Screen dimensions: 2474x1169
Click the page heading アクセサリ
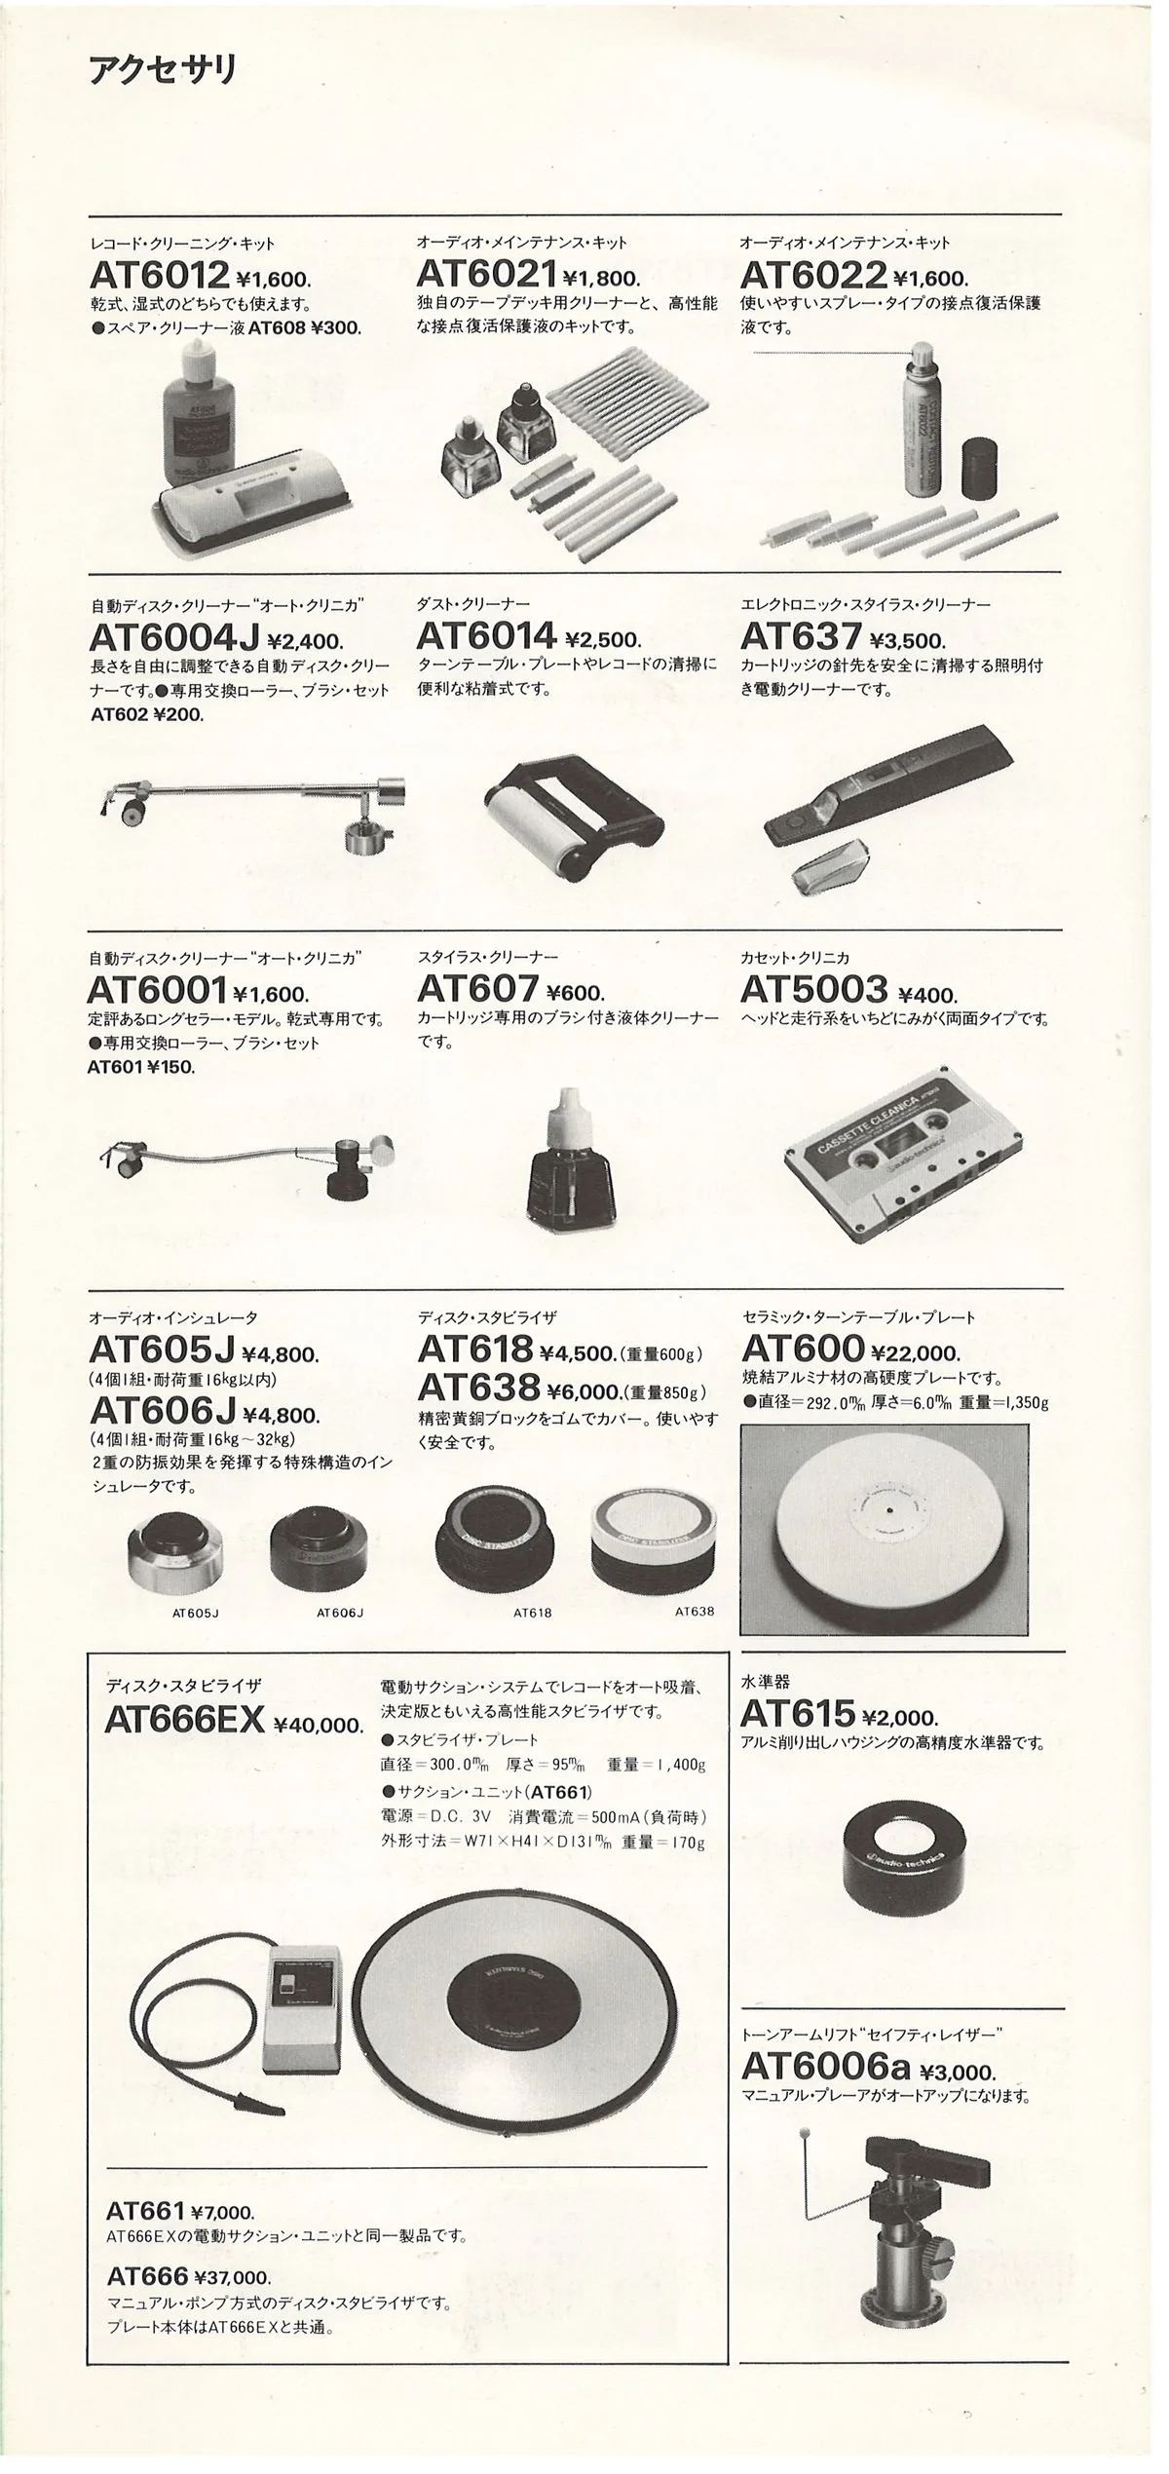pyautogui.click(x=163, y=71)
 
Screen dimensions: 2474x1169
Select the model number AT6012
pyautogui.click(x=160, y=275)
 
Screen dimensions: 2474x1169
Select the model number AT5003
pyautogui.click(x=813, y=990)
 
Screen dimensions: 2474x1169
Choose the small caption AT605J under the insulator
pyautogui.click(x=195, y=1613)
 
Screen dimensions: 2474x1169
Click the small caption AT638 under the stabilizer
pyautogui.click(x=694, y=1611)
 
